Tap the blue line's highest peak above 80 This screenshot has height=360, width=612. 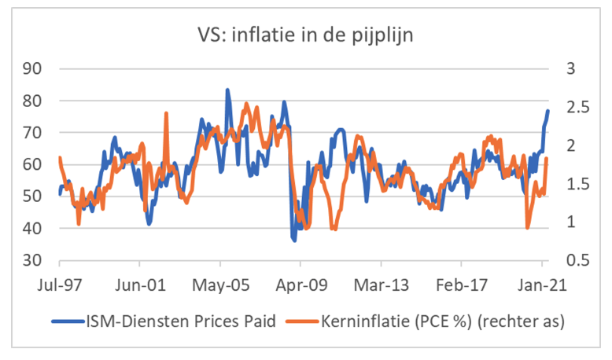coord(227,90)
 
